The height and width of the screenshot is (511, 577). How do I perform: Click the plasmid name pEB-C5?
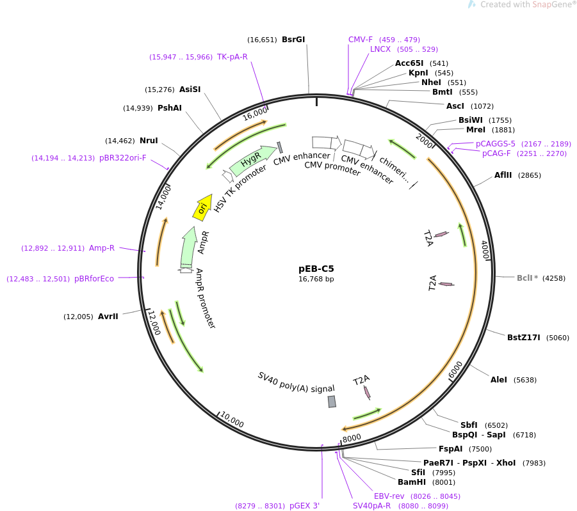(x=316, y=269)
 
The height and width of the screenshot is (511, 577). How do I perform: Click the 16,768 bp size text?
(x=316, y=279)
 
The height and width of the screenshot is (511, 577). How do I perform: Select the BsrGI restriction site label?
(x=293, y=40)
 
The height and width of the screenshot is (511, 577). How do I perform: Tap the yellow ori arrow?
(x=202, y=208)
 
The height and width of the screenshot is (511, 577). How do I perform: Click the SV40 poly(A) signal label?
(x=296, y=382)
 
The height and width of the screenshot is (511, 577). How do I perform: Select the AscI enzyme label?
(x=455, y=106)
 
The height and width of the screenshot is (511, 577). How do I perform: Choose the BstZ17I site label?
(x=524, y=338)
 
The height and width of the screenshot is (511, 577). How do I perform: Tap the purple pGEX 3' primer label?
(x=304, y=506)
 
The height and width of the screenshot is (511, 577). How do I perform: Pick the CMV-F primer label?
(x=361, y=40)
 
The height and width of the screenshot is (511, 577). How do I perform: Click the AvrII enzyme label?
(x=108, y=317)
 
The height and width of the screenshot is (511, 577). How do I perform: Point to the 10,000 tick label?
(x=232, y=420)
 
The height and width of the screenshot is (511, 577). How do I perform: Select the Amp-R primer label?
(x=102, y=248)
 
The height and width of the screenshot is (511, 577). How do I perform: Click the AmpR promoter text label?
(x=206, y=299)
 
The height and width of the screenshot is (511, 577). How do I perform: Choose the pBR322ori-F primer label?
(x=123, y=158)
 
